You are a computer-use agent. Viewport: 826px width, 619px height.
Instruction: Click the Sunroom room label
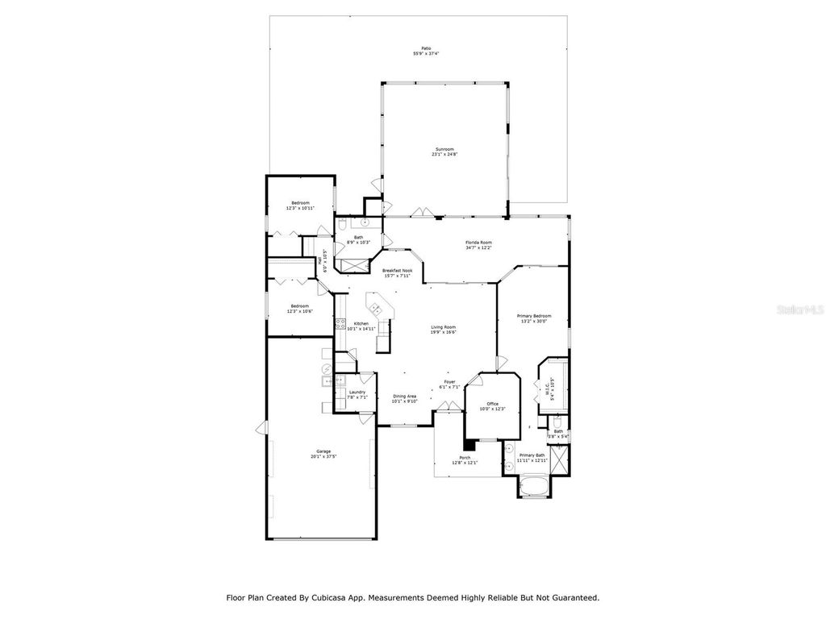click(x=444, y=149)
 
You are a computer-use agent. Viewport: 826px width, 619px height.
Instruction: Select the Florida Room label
click(x=478, y=243)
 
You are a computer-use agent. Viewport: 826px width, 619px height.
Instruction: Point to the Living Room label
click(x=444, y=326)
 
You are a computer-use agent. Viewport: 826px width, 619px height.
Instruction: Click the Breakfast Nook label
click(x=397, y=271)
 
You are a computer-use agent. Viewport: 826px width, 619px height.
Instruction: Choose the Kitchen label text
click(x=361, y=323)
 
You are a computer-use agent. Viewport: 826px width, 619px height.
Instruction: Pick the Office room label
click(x=492, y=404)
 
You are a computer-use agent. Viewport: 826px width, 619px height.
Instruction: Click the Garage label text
click(x=323, y=451)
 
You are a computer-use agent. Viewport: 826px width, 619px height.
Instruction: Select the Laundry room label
click(x=357, y=392)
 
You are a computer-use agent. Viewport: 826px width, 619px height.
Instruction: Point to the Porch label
click(x=465, y=458)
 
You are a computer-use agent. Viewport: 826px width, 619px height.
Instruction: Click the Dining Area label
click(x=405, y=396)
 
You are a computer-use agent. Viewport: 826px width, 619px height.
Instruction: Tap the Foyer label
click(x=450, y=382)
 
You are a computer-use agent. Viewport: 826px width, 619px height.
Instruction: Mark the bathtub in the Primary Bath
click(x=532, y=486)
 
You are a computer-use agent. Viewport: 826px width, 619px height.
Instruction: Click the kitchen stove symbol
click(x=340, y=325)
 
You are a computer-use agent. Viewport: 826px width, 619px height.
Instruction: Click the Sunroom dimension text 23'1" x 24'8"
click(x=444, y=155)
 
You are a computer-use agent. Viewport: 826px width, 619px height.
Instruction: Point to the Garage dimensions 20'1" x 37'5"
click(x=323, y=456)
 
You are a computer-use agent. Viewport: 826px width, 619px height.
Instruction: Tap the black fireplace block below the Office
click(x=468, y=443)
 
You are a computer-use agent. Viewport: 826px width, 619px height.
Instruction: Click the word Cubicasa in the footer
click(x=334, y=598)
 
